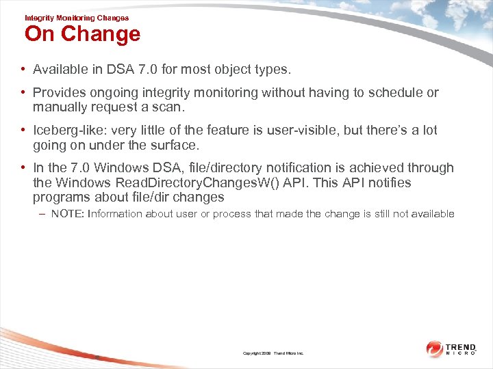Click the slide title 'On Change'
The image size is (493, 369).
coord(82,34)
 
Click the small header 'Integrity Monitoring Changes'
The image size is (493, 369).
coord(76,18)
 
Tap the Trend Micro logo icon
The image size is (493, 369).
coord(435,349)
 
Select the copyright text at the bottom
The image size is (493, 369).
coord(273,353)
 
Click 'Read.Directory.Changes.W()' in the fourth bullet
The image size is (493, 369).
coord(178,182)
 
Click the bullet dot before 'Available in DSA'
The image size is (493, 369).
coord(23,70)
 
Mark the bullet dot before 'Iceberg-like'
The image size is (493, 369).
coord(23,130)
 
